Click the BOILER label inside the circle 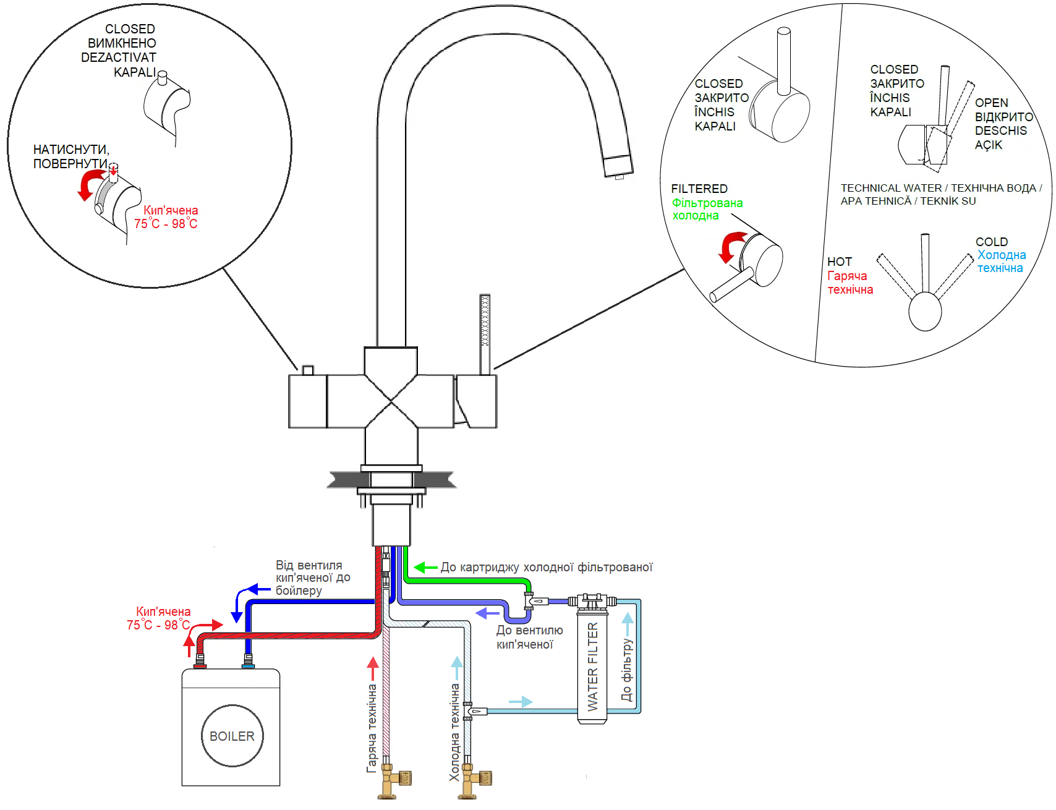click(232, 736)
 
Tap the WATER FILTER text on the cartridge click(593, 667)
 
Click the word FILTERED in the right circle click(699, 189)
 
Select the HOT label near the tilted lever click(840, 262)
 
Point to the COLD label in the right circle click(992, 242)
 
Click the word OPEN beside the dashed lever click(992, 103)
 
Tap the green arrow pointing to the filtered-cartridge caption click(425, 567)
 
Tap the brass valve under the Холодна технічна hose click(475, 781)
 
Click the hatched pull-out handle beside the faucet click(485, 334)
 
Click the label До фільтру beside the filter click(627, 670)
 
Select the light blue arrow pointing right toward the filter click(521, 702)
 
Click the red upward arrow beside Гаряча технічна click(373, 668)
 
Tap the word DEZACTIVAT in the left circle click(119, 58)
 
